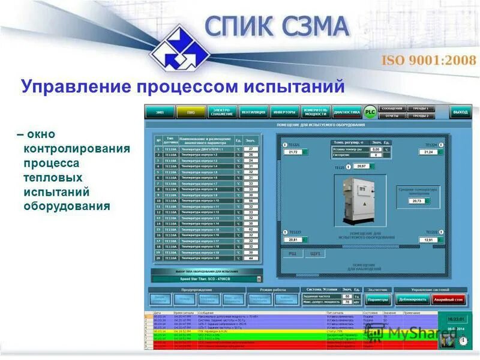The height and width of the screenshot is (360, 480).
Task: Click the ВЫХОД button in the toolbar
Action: [x=460, y=112]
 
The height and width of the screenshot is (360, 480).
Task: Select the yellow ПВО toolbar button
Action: [x=191, y=112]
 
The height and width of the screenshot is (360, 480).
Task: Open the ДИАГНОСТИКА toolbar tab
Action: [x=347, y=112]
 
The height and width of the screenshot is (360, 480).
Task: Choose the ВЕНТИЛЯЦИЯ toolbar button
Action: [x=253, y=112]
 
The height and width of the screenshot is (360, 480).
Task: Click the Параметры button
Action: [x=378, y=299]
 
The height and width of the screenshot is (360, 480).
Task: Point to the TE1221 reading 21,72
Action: [x=293, y=152]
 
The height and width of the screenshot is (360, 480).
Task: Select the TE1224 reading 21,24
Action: [x=428, y=152]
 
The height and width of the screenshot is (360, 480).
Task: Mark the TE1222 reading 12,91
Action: [x=428, y=239]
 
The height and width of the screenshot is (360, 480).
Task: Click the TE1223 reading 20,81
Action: [x=293, y=239]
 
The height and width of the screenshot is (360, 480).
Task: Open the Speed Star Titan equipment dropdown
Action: [x=208, y=278]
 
